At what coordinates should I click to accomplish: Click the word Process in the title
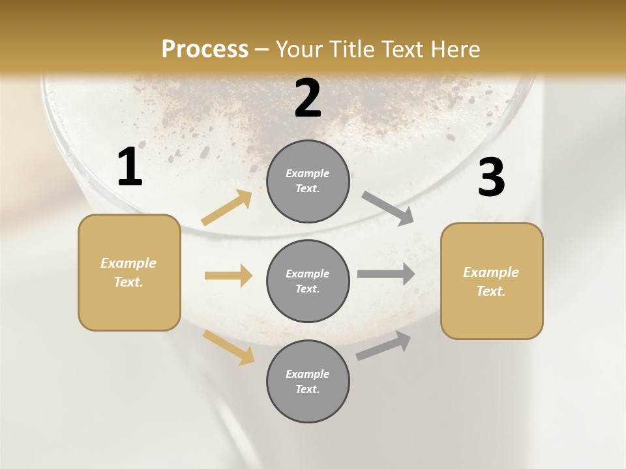tap(205, 50)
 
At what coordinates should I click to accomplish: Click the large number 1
tap(130, 167)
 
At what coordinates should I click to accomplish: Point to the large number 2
tap(308, 98)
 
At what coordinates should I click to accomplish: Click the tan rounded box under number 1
tap(129, 272)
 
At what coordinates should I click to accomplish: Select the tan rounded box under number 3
tap(492, 281)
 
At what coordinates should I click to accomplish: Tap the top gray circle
tap(308, 181)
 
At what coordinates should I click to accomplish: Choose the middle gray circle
tap(308, 281)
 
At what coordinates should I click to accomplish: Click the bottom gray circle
tap(308, 381)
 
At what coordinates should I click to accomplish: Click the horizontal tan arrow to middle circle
tap(228, 276)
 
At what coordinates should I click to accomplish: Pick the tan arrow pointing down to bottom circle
tap(229, 347)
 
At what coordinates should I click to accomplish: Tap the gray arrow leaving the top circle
tap(388, 208)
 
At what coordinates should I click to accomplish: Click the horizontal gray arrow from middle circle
tap(386, 274)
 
